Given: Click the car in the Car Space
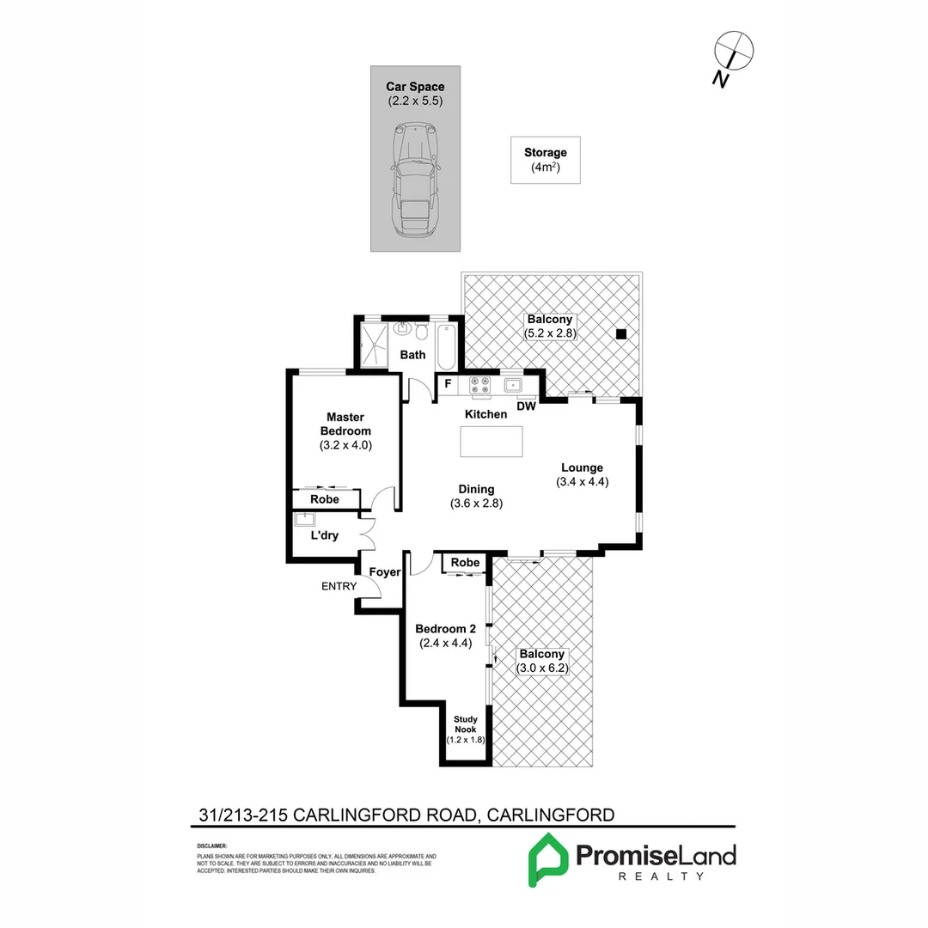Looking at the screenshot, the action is [413, 182].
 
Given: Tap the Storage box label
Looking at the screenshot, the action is [545, 153].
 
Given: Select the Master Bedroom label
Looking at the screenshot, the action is [345, 424].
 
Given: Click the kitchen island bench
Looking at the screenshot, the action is [491, 442].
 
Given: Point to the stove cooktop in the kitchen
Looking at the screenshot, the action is [479, 388].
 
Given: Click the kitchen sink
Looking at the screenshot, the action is [514, 384].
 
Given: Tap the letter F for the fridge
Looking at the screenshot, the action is [448, 384].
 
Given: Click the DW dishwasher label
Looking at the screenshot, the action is [526, 407].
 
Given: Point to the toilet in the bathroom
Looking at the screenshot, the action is [421, 333].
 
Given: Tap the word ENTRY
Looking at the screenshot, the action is [339, 587].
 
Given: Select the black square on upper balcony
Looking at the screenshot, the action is [621, 334].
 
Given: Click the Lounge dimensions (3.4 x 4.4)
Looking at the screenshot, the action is [582, 482].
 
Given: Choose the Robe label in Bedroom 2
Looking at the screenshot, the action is [466, 563].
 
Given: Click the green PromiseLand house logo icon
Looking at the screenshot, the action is [546, 860].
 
